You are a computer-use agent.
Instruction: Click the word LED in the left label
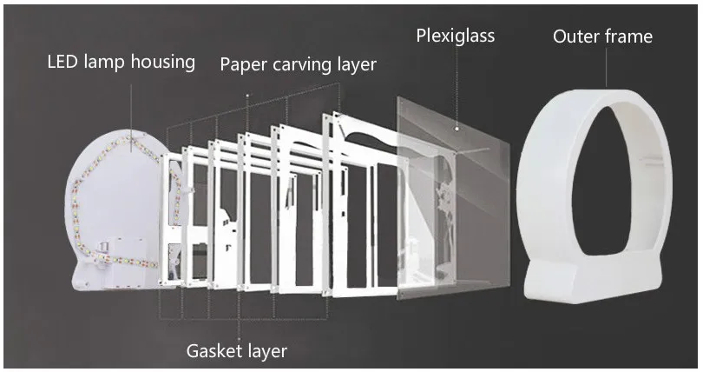pos(64,63)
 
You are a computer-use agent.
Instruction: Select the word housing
pos(166,63)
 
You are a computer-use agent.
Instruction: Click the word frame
pos(630,37)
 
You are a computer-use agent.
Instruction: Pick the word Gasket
pos(213,351)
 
